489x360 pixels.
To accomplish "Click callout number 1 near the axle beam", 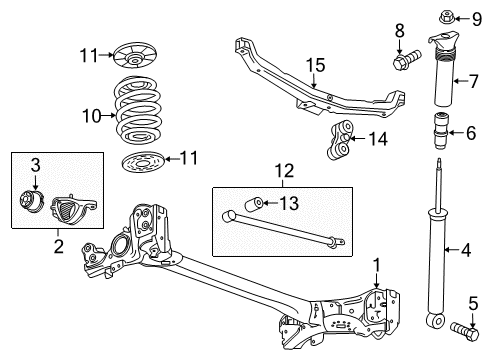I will (377, 263).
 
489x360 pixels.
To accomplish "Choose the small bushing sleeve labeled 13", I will (256, 205).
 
